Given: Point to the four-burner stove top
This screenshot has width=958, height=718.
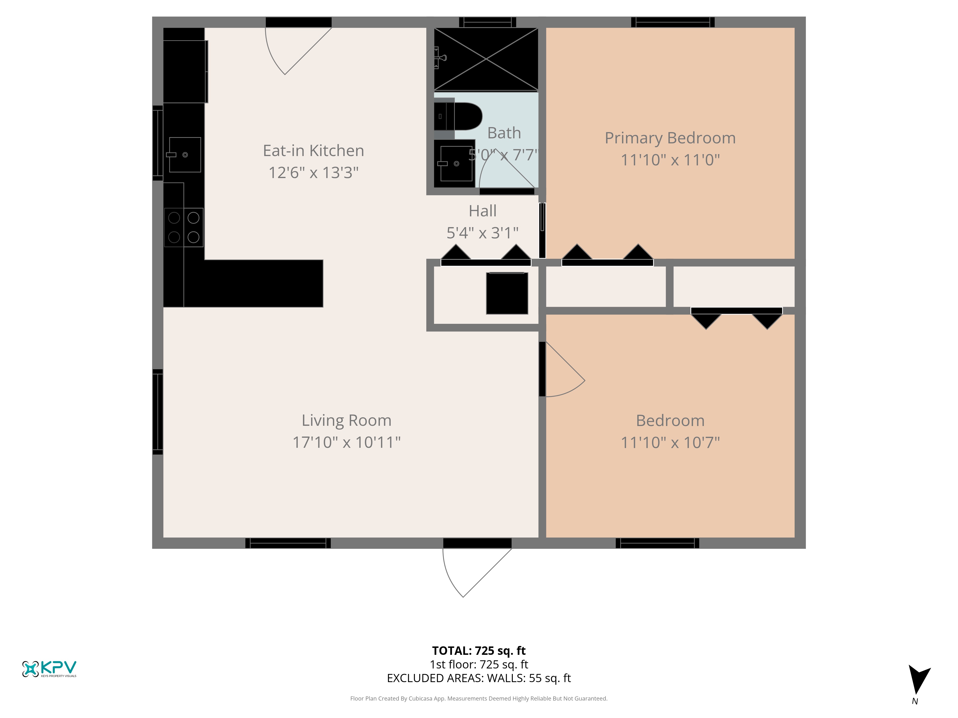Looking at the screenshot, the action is coord(184,227).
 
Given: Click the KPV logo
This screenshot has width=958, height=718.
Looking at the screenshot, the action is coord(49,669).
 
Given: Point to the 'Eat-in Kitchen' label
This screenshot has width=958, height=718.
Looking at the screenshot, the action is coord(314,151).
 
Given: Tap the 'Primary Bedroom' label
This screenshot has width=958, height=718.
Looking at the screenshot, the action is coord(670,138).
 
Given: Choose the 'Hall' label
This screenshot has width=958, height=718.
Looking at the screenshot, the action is coord(482,211).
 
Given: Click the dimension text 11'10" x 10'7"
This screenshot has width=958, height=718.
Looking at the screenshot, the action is coord(670,442).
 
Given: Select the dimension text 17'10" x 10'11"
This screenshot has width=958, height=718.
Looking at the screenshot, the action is coord(347,442).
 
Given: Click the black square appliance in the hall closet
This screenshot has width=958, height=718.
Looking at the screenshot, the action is coord(507,293).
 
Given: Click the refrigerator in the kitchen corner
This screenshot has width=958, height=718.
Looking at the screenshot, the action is coord(185,71).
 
